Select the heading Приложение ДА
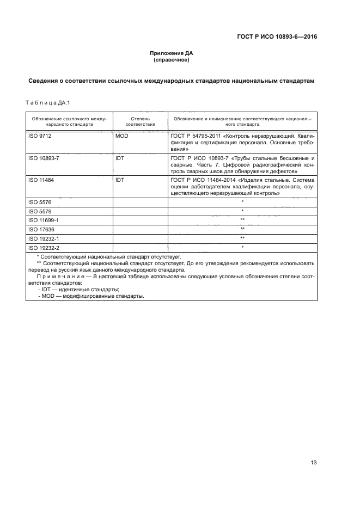coord(172,53)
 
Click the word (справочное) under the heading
coord(172,60)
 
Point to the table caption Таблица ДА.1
coord(48,103)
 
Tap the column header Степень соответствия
coord(137,120)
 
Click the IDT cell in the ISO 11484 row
coord(120,179)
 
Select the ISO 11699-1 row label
coord(43,220)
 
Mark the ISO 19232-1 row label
coord(43,238)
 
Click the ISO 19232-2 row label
coord(43,247)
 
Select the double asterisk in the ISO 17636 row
coord(242,229)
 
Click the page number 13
coord(314,463)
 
